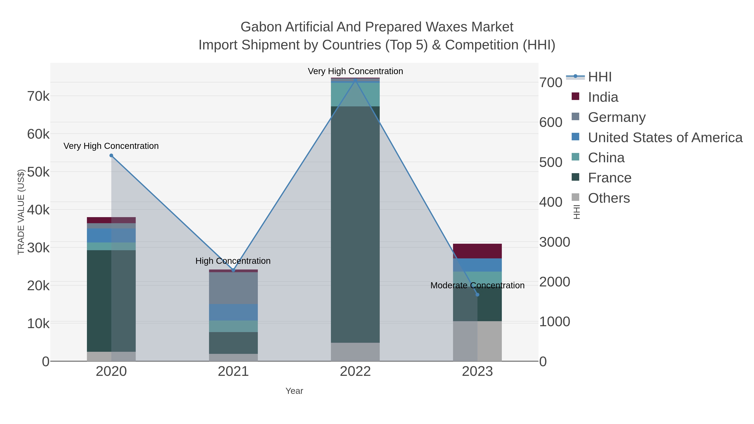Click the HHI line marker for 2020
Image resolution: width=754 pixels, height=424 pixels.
pos(111,156)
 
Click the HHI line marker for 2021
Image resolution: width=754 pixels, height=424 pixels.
pos(233,270)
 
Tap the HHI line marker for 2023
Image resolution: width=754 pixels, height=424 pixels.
pos(477,295)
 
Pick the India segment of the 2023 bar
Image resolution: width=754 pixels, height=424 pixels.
pos(477,251)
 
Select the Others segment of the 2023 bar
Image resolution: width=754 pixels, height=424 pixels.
pos(477,341)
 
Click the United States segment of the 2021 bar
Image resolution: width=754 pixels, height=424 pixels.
pos(233,312)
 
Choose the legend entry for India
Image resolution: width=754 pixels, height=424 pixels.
pos(603,97)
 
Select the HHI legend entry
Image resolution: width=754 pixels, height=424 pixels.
pos(599,77)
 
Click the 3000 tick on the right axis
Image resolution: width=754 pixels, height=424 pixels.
pos(554,242)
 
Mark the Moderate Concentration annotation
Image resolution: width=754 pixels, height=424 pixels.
pos(477,285)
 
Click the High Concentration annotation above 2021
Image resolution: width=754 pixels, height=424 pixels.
pos(233,261)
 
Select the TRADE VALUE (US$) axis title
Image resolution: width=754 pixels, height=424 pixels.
pos(21,212)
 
